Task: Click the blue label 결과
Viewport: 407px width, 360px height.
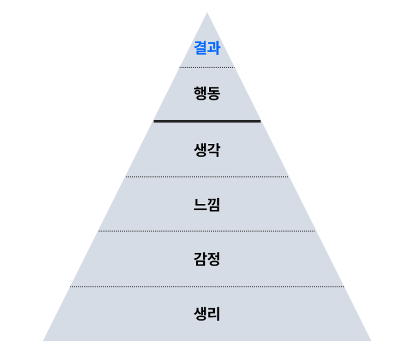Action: [x=207, y=48]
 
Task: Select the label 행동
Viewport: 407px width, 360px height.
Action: [x=207, y=93]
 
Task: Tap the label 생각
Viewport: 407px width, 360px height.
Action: [x=207, y=150]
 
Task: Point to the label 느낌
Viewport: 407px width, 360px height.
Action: [x=207, y=205]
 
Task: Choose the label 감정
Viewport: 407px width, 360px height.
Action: [x=207, y=259]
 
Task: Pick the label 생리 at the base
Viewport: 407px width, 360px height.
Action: [x=207, y=314]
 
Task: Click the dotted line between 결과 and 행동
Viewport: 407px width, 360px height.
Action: [x=207, y=67]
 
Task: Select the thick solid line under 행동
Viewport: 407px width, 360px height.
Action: [x=207, y=121]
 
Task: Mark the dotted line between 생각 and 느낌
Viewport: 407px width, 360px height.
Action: [x=207, y=177]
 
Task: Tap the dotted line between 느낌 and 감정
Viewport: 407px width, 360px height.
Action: [x=206, y=231]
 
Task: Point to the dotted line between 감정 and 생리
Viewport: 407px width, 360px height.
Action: [x=207, y=287]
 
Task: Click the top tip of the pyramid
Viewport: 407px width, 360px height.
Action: [x=207, y=13]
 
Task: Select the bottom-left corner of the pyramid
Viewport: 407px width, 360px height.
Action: [x=43, y=341]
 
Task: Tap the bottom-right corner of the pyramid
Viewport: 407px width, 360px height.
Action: [x=371, y=341]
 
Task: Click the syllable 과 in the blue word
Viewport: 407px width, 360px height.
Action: [x=214, y=48]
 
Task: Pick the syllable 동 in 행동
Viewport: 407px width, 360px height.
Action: [x=214, y=94]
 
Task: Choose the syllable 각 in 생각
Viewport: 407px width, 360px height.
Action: [x=214, y=150]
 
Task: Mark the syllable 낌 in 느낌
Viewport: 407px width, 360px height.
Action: [x=214, y=205]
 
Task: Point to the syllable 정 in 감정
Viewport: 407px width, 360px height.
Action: [x=214, y=259]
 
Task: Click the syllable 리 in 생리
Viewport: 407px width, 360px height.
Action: [x=214, y=314]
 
